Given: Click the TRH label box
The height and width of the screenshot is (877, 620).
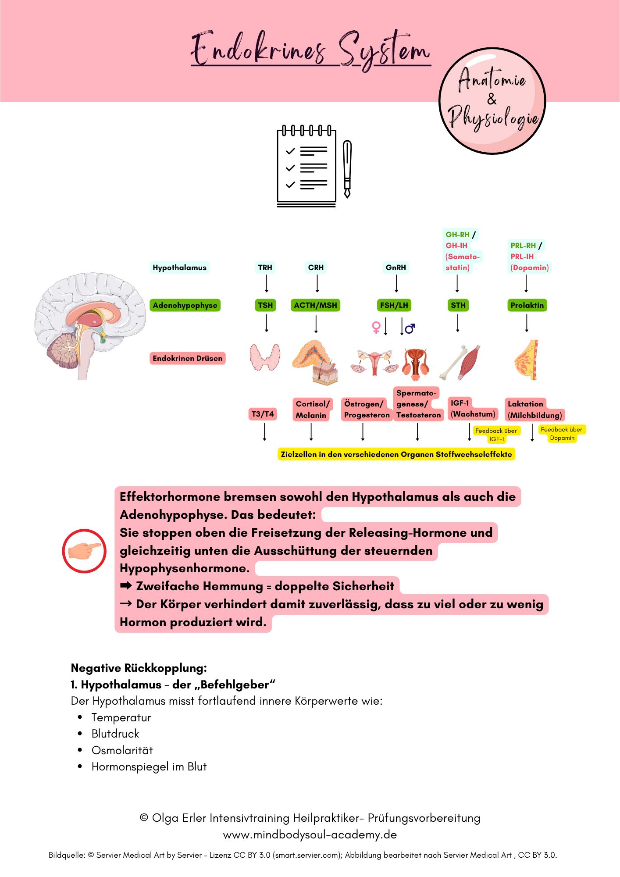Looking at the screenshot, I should (265, 267).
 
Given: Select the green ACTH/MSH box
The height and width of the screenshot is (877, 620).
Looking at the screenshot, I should (315, 305).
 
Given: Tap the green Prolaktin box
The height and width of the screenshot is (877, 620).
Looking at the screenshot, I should (527, 305).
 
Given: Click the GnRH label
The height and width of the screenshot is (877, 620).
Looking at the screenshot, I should (396, 267).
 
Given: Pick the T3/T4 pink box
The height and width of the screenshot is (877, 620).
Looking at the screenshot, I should (263, 414).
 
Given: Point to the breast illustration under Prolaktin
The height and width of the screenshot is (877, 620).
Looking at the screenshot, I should (526, 360).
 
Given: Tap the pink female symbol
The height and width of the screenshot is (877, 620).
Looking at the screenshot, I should (376, 327).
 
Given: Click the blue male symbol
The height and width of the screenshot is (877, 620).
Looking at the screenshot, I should (410, 328).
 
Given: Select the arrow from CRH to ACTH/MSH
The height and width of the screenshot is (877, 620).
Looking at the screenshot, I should (317, 284).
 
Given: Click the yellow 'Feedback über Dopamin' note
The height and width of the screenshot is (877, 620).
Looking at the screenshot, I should (561, 434).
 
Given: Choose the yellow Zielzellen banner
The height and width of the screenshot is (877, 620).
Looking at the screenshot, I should (396, 454).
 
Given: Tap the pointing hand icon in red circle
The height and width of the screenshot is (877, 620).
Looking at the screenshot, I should (84, 551).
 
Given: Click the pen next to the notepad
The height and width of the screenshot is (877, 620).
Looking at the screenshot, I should (347, 169).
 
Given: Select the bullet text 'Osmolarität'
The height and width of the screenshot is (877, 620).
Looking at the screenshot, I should (122, 750).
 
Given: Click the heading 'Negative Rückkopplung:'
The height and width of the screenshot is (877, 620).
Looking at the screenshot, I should (139, 668).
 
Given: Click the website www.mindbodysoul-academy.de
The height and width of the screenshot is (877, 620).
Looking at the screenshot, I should (310, 834).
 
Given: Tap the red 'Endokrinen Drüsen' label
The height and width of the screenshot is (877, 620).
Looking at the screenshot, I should (187, 358).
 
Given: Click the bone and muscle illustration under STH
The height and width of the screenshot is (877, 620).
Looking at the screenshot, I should (460, 362).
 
